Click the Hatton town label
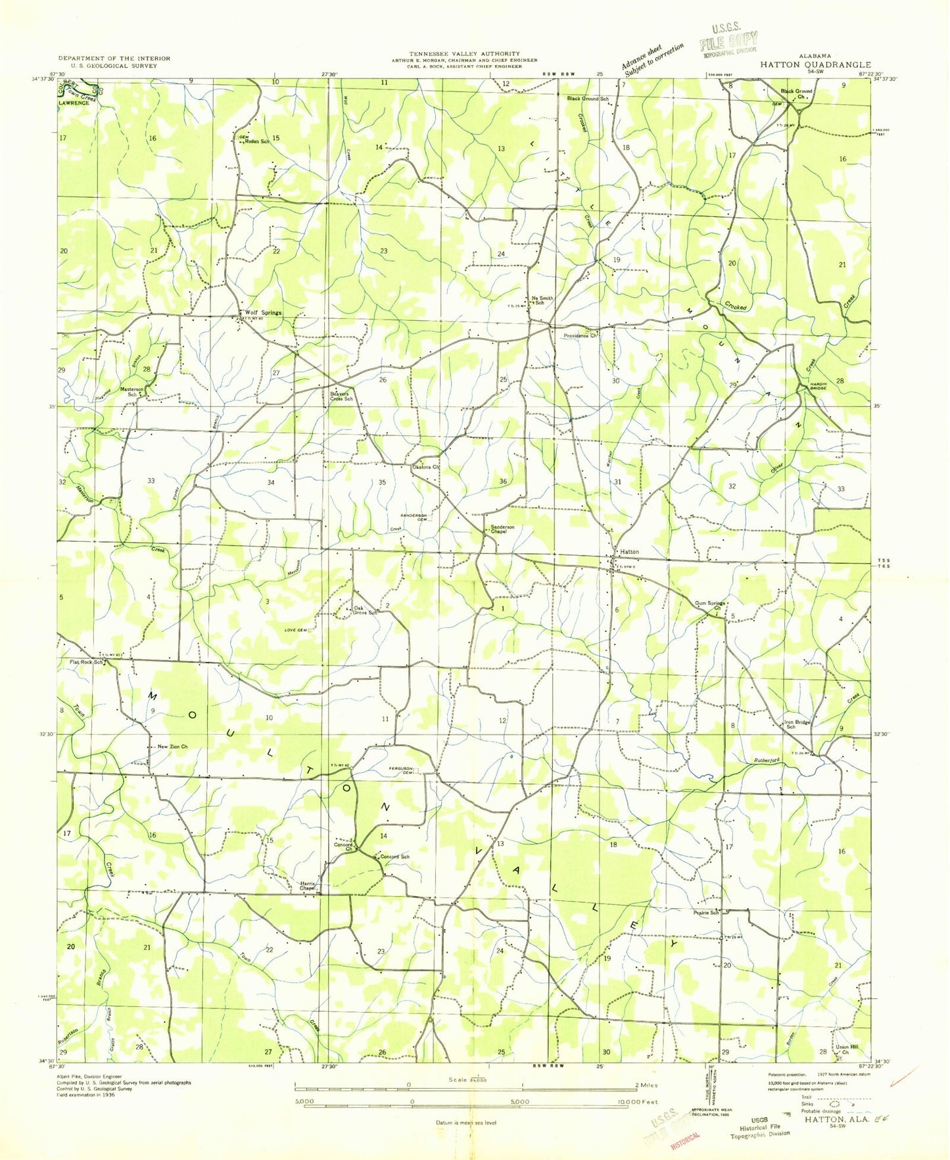pyautogui.click(x=628, y=552)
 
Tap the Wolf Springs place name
pyautogui.click(x=263, y=313)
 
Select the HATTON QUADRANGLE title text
pyautogui.click(x=816, y=65)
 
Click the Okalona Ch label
pyautogui.click(x=425, y=467)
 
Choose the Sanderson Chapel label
pyautogui.click(x=503, y=529)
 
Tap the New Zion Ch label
pyautogui.click(x=173, y=747)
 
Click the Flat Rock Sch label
pyautogui.click(x=85, y=662)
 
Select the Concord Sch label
pyautogui.click(x=395, y=857)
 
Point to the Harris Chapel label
pyautogui.click(x=308, y=886)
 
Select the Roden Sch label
pyautogui.click(x=257, y=141)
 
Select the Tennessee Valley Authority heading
pyautogui.click(x=463, y=54)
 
